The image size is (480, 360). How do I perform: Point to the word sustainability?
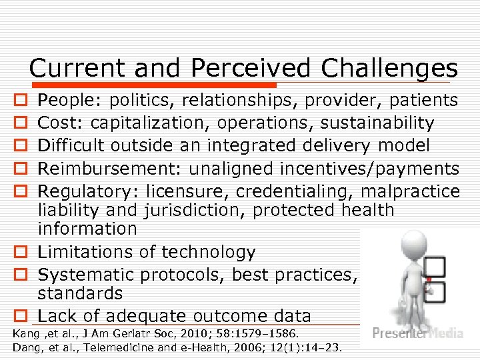point(377,123)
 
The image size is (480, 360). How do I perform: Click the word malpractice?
point(410,191)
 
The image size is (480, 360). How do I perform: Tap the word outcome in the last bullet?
point(224,316)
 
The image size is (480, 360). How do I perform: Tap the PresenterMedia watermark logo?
point(417,333)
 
